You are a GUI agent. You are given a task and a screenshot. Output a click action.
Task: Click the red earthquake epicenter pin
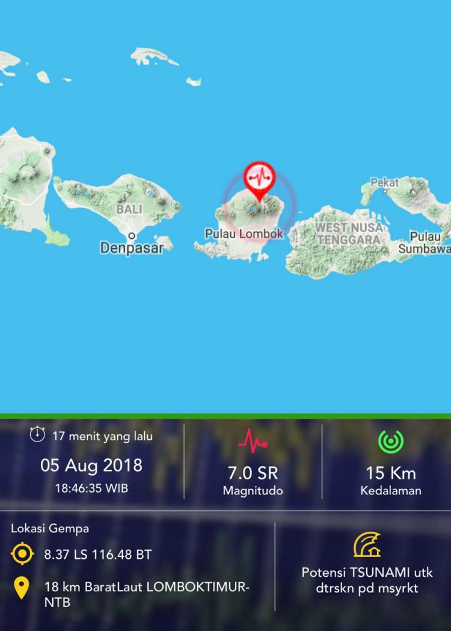[x=259, y=178]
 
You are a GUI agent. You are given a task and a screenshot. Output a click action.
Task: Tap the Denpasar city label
[x=132, y=247]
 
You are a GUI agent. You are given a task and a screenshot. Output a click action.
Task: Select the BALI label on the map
[x=129, y=209]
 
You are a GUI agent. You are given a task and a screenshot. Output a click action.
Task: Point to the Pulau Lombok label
[x=244, y=233]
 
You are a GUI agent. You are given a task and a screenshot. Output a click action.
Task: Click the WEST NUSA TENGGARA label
[x=349, y=233]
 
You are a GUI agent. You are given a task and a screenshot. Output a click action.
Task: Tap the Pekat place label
[x=384, y=182]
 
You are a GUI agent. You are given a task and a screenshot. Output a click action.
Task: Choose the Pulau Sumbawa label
[x=425, y=242]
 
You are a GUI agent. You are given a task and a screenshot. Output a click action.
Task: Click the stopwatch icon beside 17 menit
[x=37, y=434]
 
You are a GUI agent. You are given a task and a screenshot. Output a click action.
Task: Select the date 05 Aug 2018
[x=91, y=465]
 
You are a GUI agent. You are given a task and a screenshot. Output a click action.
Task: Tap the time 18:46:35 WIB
[x=91, y=488]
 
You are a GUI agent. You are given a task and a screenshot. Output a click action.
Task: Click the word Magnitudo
[x=253, y=491]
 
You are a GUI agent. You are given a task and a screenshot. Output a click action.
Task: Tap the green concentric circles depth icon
[x=391, y=442]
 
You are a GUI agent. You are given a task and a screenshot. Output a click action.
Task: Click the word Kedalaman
[x=391, y=491]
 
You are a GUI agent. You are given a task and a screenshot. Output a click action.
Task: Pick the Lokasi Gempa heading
[x=50, y=529]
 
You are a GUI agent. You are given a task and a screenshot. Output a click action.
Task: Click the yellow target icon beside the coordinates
[x=22, y=554]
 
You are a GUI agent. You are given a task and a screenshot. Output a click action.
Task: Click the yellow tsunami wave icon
[x=367, y=544]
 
